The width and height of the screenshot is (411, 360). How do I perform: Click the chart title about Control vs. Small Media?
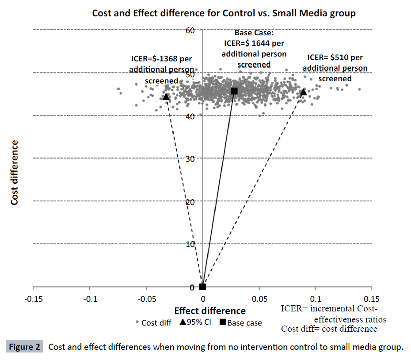pyautogui.click(x=224, y=13)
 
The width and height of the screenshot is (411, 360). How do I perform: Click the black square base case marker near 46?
pyautogui.click(x=234, y=91)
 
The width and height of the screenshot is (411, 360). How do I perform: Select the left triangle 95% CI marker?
pyautogui.click(x=166, y=97)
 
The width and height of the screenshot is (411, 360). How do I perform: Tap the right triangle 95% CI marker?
pyautogui.click(x=303, y=92)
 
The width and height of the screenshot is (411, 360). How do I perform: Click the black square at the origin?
pyautogui.click(x=202, y=287)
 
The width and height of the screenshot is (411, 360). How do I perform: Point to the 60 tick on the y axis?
pyautogui.click(x=190, y=30)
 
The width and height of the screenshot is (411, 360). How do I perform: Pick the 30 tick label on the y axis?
pyautogui.click(x=190, y=158)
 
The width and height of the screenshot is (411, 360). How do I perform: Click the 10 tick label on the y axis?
pyautogui.click(x=190, y=244)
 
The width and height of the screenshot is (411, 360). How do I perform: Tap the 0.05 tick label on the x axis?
pyautogui.click(x=259, y=299)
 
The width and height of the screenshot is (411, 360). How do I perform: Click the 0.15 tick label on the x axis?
pyautogui.click(x=372, y=299)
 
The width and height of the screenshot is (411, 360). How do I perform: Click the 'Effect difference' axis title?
pyautogui.click(x=210, y=311)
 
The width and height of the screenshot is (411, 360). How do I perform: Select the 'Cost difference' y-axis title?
pyautogui.click(x=15, y=172)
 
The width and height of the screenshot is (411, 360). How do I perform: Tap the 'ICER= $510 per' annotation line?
pyautogui.click(x=335, y=57)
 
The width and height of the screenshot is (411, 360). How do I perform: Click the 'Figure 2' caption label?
pyautogui.click(x=25, y=347)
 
